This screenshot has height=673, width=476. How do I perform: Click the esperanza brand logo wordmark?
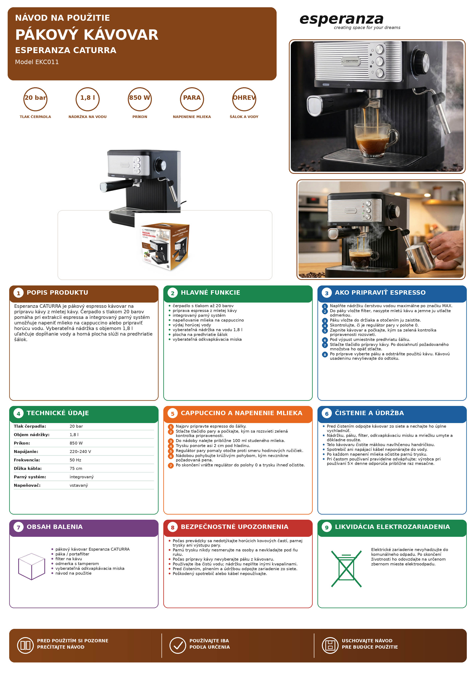(342, 19)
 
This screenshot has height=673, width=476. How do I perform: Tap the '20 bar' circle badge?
(36, 99)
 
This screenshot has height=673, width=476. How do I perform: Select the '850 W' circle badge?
(140, 99)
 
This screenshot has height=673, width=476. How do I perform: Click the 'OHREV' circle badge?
(244, 99)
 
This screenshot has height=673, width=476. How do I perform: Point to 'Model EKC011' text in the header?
(37, 62)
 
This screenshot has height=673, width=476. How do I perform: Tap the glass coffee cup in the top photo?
(376, 139)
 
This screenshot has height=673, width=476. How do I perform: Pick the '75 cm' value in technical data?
(76, 468)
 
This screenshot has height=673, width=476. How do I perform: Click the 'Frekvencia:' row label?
(27, 460)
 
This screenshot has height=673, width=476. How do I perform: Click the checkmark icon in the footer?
(178, 645)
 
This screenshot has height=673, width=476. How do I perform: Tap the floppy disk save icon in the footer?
(330, 645)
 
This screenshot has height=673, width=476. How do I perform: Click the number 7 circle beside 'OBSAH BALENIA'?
(19, 527)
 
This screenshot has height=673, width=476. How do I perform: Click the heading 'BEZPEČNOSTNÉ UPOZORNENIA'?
(234, 527)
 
